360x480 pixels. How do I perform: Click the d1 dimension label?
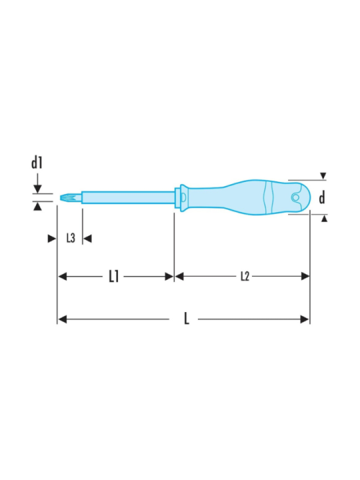(x=37, y=163)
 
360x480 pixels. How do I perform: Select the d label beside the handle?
(x=322, y=197)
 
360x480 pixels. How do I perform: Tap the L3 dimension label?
(x=70, y=238)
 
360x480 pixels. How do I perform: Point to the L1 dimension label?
(x=113, y=276)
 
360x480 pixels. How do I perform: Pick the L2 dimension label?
(x=245, y=276)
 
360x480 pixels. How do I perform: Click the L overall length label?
(x=187, y=319)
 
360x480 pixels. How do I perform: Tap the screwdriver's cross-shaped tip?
(x=65, y=197)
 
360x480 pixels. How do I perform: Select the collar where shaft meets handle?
(x=177, y=197)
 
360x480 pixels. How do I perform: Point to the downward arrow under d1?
(x=38, y=187)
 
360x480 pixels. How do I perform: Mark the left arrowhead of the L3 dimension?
(x=51, y=238)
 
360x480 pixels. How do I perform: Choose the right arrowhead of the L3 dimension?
(x=87, y=238)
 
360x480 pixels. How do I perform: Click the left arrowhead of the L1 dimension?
(x=62, y=276)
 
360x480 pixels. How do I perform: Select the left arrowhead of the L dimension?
(x=62, y=319)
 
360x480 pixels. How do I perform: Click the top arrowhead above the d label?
(x=323, y=176)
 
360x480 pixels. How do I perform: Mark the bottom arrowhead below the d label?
(x=323, y=218)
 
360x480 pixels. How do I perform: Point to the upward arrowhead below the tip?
(x=38, y=207)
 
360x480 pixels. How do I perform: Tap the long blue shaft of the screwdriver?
(x=127, y=197)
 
